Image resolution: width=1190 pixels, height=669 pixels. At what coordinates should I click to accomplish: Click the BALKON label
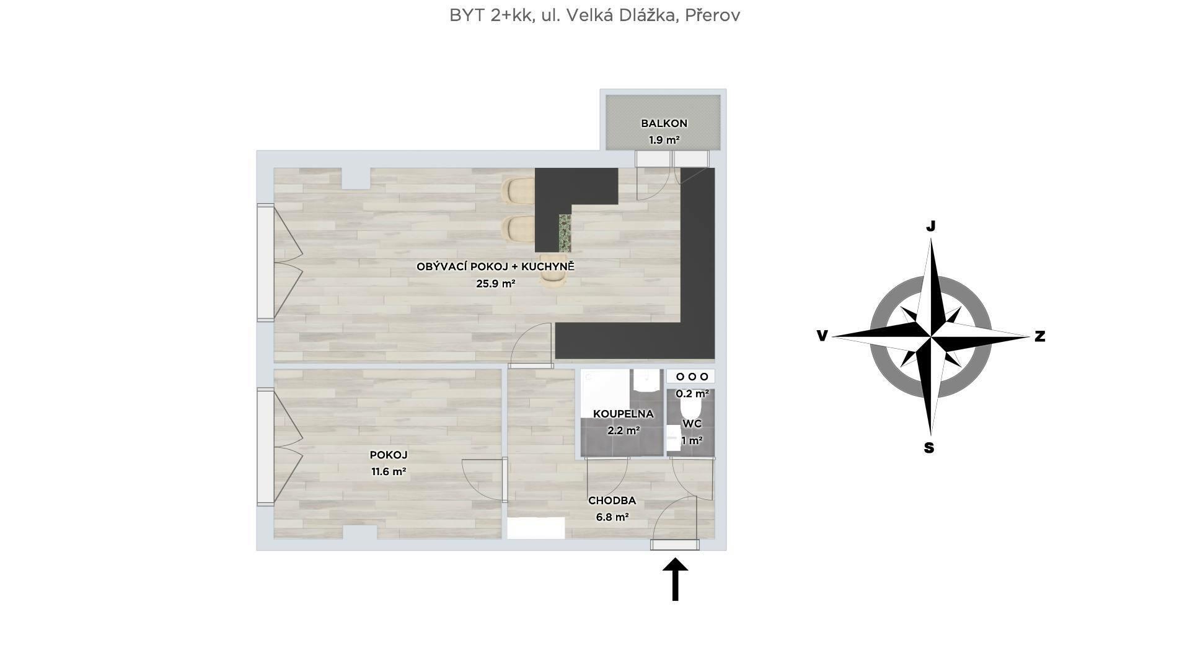click(x=664, y=123)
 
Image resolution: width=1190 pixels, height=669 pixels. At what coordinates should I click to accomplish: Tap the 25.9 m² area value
click(x=495, y=284)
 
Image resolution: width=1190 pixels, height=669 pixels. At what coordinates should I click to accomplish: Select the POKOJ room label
click(x=389, y=455)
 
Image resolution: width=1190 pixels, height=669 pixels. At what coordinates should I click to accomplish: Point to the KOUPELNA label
click(x=623, y=414)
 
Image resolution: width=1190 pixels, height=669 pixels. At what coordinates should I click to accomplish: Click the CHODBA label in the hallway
click(x=612, y=501)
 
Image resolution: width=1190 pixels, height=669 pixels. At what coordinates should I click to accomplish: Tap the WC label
click(x=692, y=424)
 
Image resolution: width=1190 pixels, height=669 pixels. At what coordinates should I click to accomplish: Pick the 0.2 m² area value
click(x=692, y=393)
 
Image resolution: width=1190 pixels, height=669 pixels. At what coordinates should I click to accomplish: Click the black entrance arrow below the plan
click(x=675, y=579)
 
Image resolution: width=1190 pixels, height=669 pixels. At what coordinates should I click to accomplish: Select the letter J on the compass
click(x=930, y=226)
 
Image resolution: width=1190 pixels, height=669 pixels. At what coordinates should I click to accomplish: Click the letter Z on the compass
click(x=1040, y=336)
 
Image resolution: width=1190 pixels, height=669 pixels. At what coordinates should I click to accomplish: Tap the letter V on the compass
click(x=822, y=336)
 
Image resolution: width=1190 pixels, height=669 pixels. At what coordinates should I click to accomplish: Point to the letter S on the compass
click(x=928, y=448)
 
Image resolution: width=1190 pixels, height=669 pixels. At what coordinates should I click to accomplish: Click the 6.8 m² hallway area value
click(x=612, y=517)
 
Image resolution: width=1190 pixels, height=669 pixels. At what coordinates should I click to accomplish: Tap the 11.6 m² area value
click(x=389, y=471)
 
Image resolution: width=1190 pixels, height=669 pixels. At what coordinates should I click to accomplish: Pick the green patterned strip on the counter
click(x=565, y=232)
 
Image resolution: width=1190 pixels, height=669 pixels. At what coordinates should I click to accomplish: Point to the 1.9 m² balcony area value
click(x=664, y=140)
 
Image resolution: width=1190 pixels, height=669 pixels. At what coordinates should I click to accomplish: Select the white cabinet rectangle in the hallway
click(x=535, y=528)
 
